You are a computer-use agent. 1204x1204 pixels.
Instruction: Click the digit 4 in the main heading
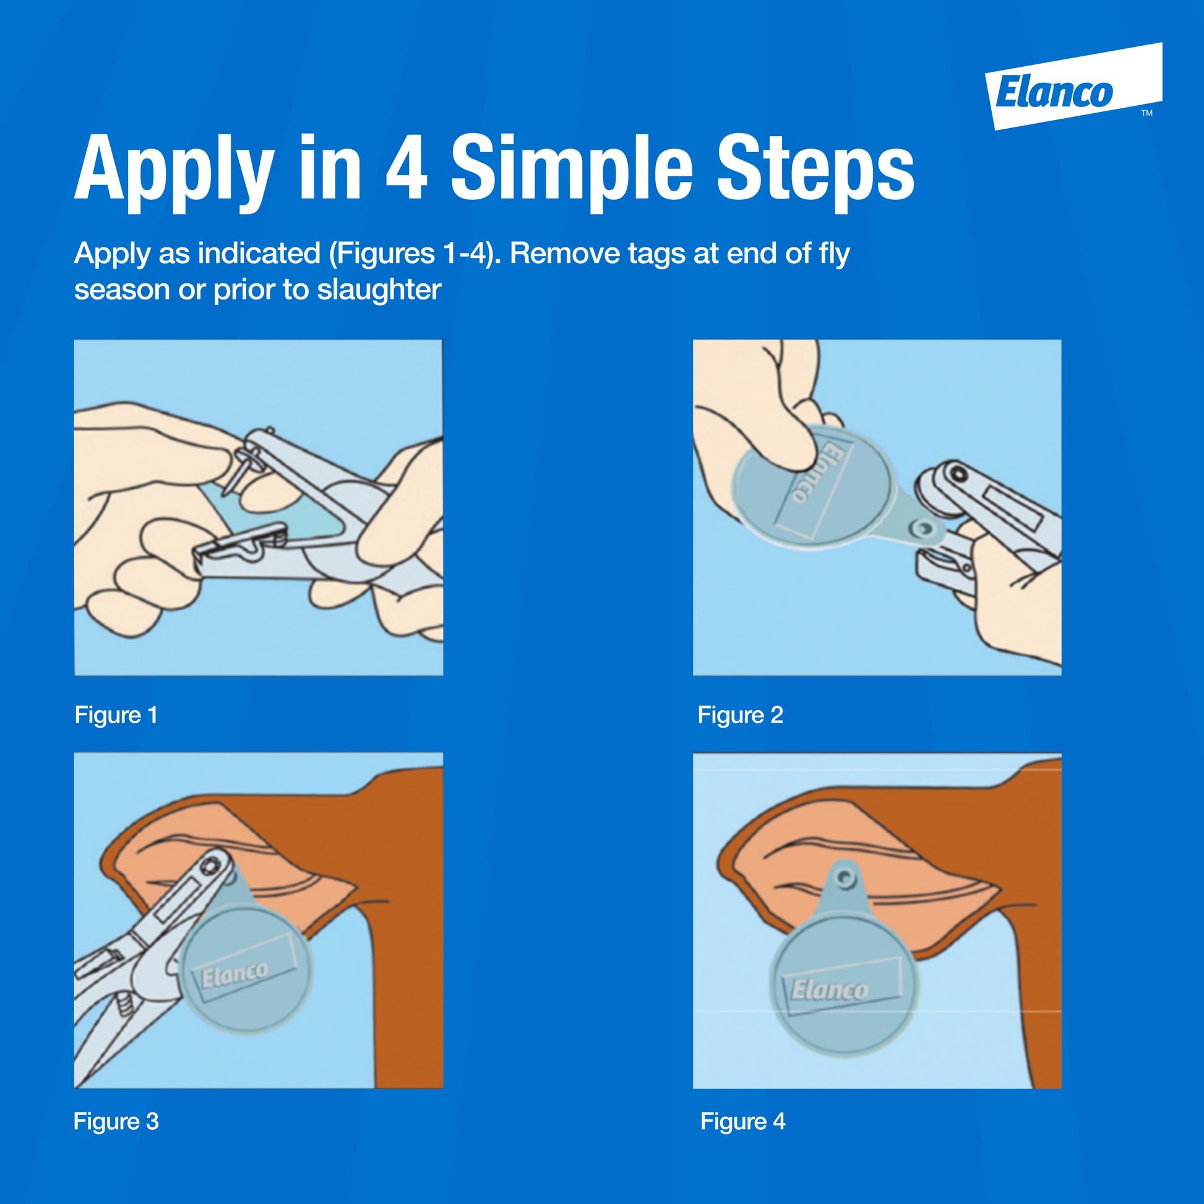coord(406,168)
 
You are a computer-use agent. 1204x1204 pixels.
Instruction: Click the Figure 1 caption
coord(116,715)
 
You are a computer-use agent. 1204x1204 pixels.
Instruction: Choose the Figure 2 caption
coord(741,715)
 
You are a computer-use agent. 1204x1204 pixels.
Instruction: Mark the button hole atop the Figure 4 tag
coord(845,878)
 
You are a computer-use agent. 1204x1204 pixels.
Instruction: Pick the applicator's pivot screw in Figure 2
coord(959,475)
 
